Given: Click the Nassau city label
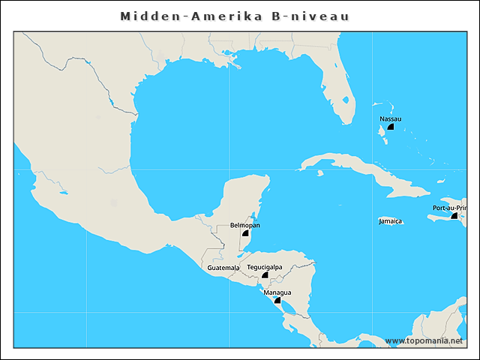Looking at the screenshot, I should pos(390,118).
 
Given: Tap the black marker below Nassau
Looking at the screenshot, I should pos(391,127).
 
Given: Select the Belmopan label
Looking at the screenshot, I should pos(245,225).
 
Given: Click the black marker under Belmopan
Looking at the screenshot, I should pos(244,233).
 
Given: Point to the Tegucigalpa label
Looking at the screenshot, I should pos(265,267).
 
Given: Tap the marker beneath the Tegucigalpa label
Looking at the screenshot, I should pos(265,275).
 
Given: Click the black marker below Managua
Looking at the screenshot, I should pos(277,300).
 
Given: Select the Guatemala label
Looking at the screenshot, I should pos(223,268).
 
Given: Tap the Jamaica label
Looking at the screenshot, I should pos(390,221).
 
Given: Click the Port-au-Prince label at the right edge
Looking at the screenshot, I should pos(449,208).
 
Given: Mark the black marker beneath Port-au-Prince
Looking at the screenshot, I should pos(454,215).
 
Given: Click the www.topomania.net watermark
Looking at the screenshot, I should pos(424,340).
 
